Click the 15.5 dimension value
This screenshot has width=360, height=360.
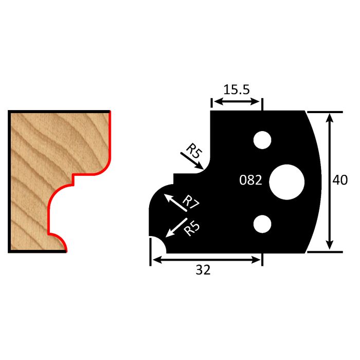237,89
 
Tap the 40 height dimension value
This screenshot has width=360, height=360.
340,181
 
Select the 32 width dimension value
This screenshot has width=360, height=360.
204,271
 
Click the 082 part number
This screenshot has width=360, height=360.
251,181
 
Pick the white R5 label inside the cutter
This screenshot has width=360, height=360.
191,227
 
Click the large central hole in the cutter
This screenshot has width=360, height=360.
286,181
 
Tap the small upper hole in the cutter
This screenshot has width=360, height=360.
262,139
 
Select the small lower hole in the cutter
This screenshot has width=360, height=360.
262,223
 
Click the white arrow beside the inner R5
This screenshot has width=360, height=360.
176,228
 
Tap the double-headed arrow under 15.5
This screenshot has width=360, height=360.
237,102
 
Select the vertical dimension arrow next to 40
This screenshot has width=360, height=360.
329,181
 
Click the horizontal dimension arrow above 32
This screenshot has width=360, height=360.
206,260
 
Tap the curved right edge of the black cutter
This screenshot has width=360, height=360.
319,181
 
